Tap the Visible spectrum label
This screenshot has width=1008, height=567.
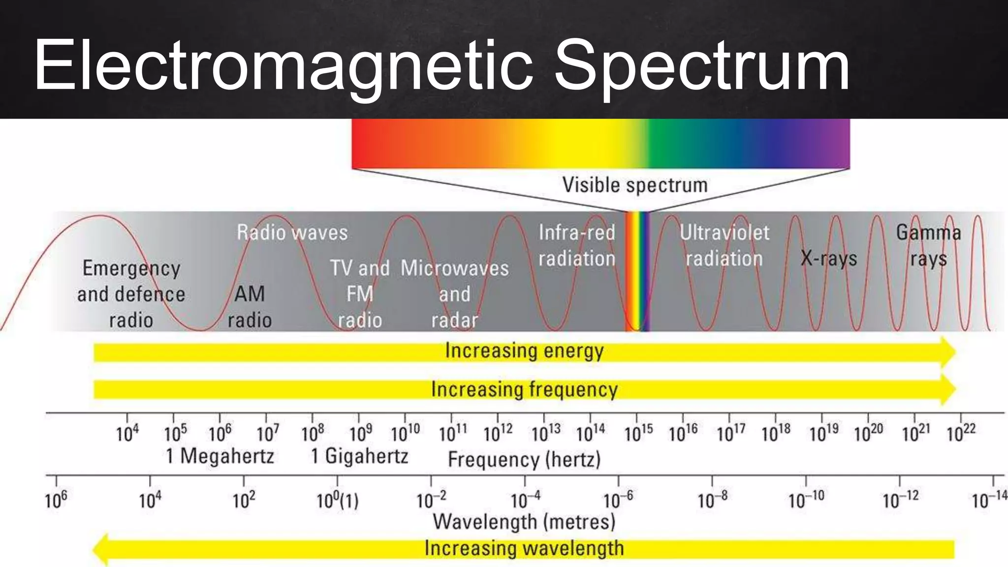tap(635, 186)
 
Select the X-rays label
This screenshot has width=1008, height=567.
tap(828, 258)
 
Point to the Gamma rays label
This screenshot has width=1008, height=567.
tap(928, 245)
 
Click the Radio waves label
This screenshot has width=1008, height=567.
tap(292, 232)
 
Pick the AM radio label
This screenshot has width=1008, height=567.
tap(250, 307)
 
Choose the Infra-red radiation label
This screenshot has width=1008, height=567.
tap(577, 245)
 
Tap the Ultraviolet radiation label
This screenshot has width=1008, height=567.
tap(724, 245)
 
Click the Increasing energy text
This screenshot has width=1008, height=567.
tap(524, 351)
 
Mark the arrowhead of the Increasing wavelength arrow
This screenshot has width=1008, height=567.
tap(101, 549)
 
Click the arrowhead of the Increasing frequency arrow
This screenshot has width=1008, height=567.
tap(947, 389)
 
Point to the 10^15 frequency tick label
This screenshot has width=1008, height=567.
tap(638, 433)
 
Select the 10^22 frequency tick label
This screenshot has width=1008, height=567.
tap(961, 433)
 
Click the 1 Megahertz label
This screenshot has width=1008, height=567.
tap(220, 456)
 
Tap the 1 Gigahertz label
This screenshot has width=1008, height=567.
tap(359, 456)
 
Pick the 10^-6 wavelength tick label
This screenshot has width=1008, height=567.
tap(618, 500)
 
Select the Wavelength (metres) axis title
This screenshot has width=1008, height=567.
tap(524, 522)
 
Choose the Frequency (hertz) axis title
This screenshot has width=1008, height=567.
tap(524, 459)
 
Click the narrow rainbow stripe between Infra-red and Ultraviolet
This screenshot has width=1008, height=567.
tap(637, 271)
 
